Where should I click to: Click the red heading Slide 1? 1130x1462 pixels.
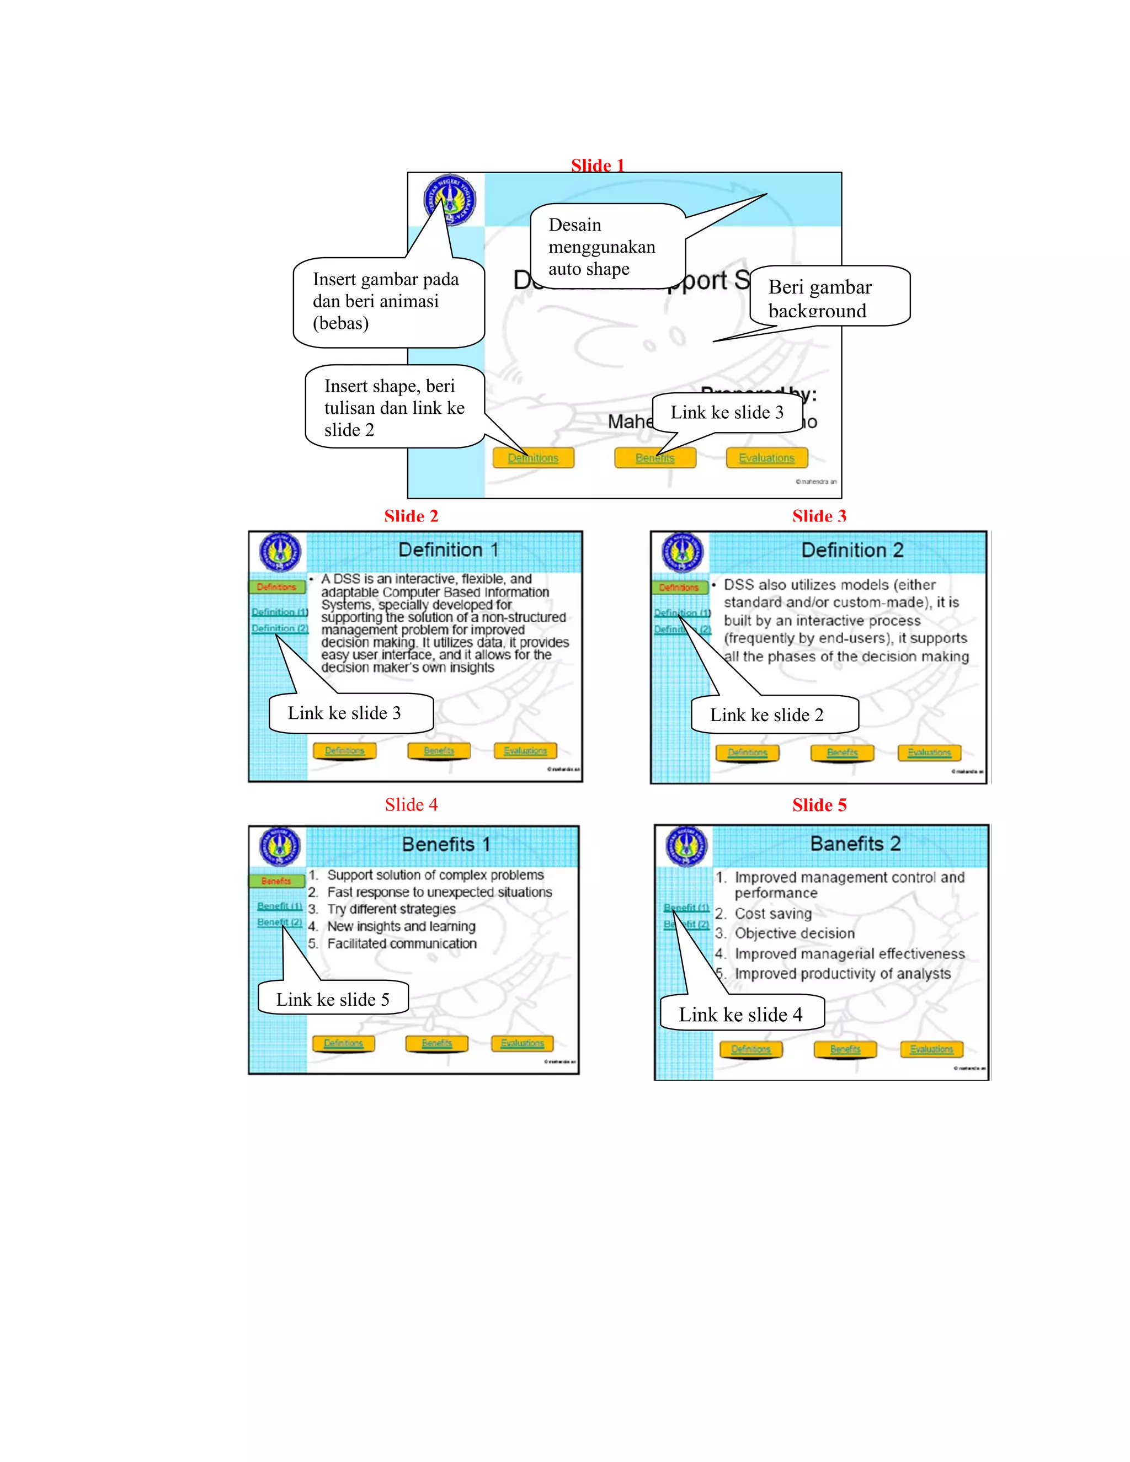point(597,166)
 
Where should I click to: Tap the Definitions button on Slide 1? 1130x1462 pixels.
point(533,458)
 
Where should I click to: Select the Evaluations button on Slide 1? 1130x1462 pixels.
point(766,458)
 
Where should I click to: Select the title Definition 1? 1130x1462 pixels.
point(448,549)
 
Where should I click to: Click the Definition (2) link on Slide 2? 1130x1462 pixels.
point(280,628)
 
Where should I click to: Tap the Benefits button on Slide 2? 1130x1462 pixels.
point(439,750)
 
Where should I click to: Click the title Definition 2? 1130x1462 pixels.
point(852,550)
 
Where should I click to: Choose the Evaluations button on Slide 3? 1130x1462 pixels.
point(929,753)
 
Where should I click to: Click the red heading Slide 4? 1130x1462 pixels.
point(411,804)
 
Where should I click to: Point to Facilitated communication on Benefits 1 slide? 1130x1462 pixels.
point(402,943)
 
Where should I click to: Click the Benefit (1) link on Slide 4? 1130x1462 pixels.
point(280,906)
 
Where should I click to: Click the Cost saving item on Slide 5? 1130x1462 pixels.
point(773,914)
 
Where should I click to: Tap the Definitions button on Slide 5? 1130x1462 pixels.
point(750,1049)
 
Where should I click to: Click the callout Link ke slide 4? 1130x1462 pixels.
point(741,1014)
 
